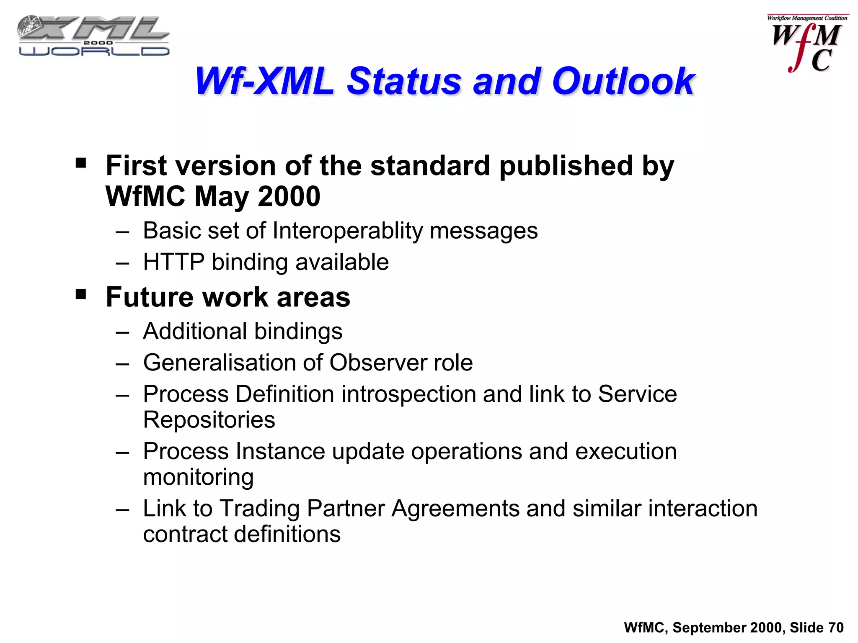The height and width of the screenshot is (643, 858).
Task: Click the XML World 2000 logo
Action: pyautogui.click(x=93, y=36)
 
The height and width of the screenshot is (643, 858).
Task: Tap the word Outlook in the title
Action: pyautogui.click(x=623, y=81)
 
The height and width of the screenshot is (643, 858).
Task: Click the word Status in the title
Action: pyautogui.click(x=404, y=81)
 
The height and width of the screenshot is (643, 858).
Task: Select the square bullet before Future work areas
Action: pyautogui.click(x=81, y=294)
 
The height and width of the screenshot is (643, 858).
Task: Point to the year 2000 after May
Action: pyautogui.click(x=289, y=196)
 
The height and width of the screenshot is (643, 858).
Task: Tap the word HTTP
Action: pyautogui.click(x=173, y=262)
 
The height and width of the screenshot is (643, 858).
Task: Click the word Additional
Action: pyautogui.click(x=195, y=331)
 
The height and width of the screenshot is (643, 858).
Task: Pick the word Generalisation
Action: pyautogui.click(x=219, y=363)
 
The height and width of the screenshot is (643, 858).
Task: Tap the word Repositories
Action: pyautogui.click(x=209, y=420)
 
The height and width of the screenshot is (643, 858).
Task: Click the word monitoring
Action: pyautogui.click(x=198, y=477)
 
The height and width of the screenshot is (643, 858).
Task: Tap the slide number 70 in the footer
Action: pyautogui.click(x=835, y=628)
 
